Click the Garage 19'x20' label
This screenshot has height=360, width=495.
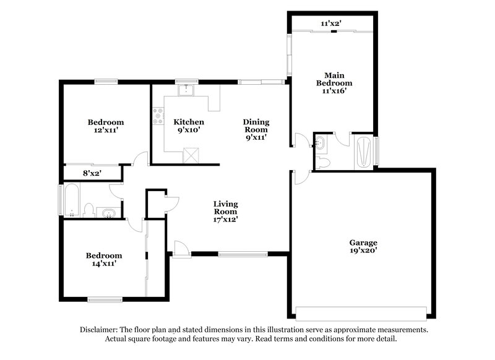pos(363,247)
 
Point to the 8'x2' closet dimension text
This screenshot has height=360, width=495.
pos(92,173)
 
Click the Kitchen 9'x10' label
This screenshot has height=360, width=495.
pos(188,126)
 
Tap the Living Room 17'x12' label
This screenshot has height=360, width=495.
pos(226,211)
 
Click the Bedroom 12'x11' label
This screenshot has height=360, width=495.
pos(105,126)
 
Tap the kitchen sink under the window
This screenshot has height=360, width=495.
pos(185,91)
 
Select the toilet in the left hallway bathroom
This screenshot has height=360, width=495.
pos(88,211)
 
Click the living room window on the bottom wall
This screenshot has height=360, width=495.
pos(243,253)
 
